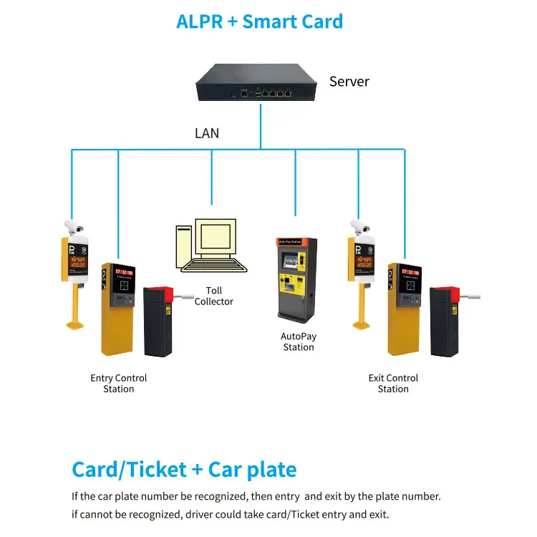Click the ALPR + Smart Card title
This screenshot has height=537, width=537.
(259, 21)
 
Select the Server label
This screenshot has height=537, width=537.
(349, 82)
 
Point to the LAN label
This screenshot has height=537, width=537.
(207, 133)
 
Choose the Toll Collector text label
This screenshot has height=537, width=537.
(214, 296)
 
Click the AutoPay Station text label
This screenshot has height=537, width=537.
(299, 342)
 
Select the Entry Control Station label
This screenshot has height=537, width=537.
(119, 383)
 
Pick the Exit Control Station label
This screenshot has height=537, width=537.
(393, 383)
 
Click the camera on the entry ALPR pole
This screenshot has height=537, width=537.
(73, 224)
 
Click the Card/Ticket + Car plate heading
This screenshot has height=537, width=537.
(184, 470)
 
